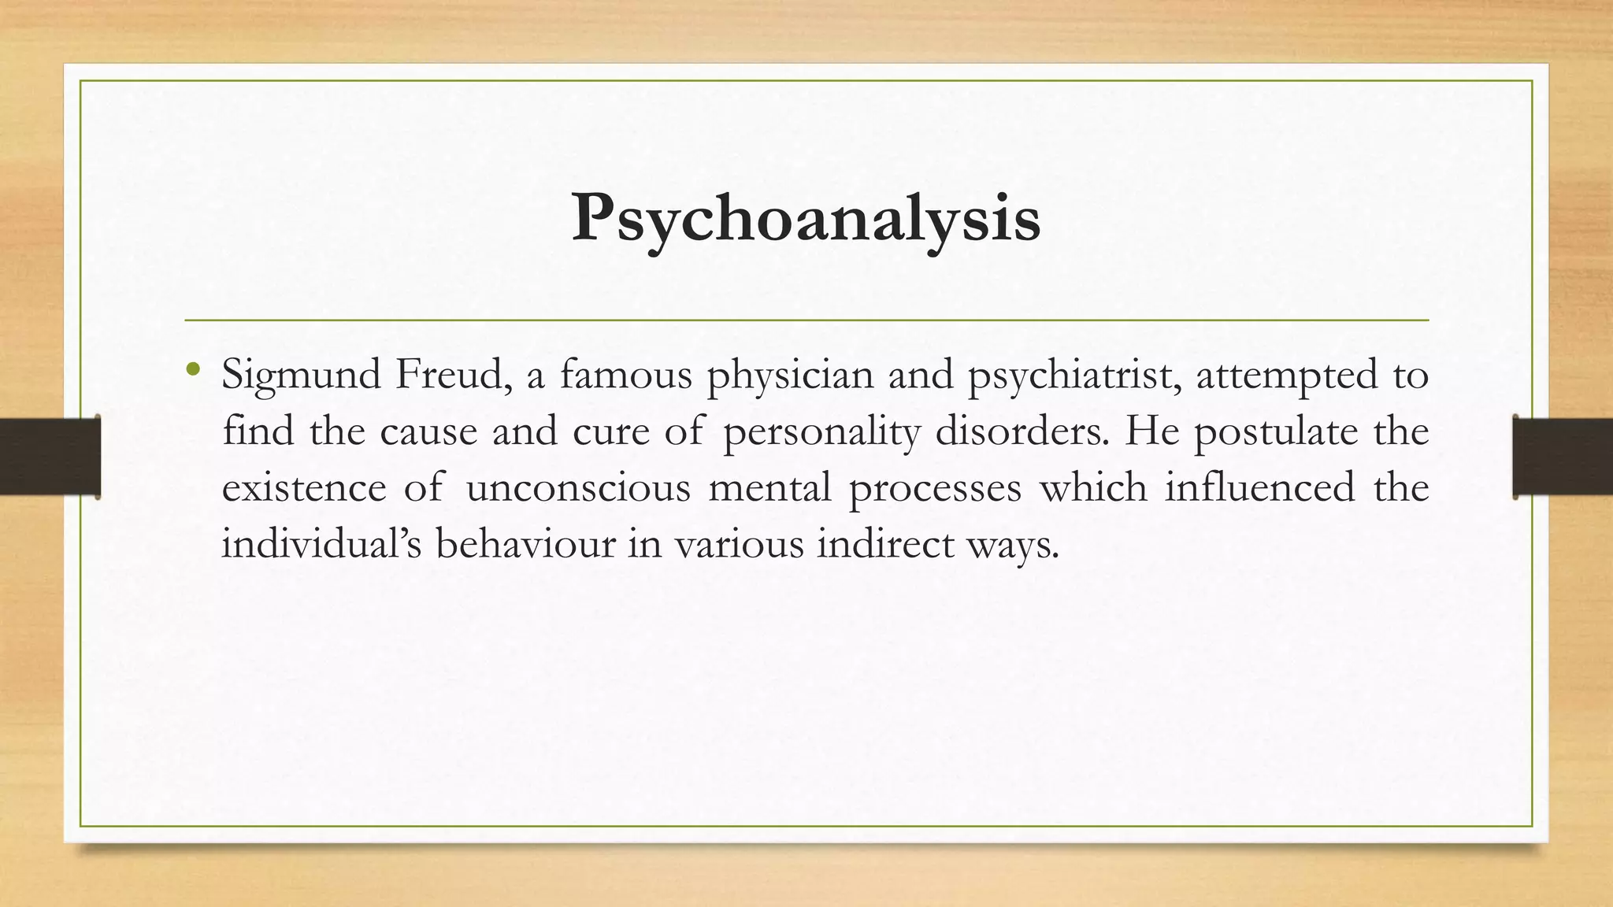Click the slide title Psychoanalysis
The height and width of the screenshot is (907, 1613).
pyautogui.click(x=806, y=218)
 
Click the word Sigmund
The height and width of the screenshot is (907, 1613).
pyautogui.click(x=302, y=376)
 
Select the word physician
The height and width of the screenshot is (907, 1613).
pyautogui.click(x=790, y=376)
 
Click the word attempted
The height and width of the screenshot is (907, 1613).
pyautogui.click(x=1287, y=376)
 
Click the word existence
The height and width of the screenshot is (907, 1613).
pyautogui.click(x=304, y=487)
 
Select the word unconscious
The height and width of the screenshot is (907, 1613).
pyautogui.click(x=578, y=487)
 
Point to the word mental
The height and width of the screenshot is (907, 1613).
pyautogui.click(x=769, y=487)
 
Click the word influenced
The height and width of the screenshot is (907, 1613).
pyautogui.click(x=1259, y=487)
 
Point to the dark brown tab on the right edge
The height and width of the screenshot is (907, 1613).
pyautogui.click(x=1563, y=457)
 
